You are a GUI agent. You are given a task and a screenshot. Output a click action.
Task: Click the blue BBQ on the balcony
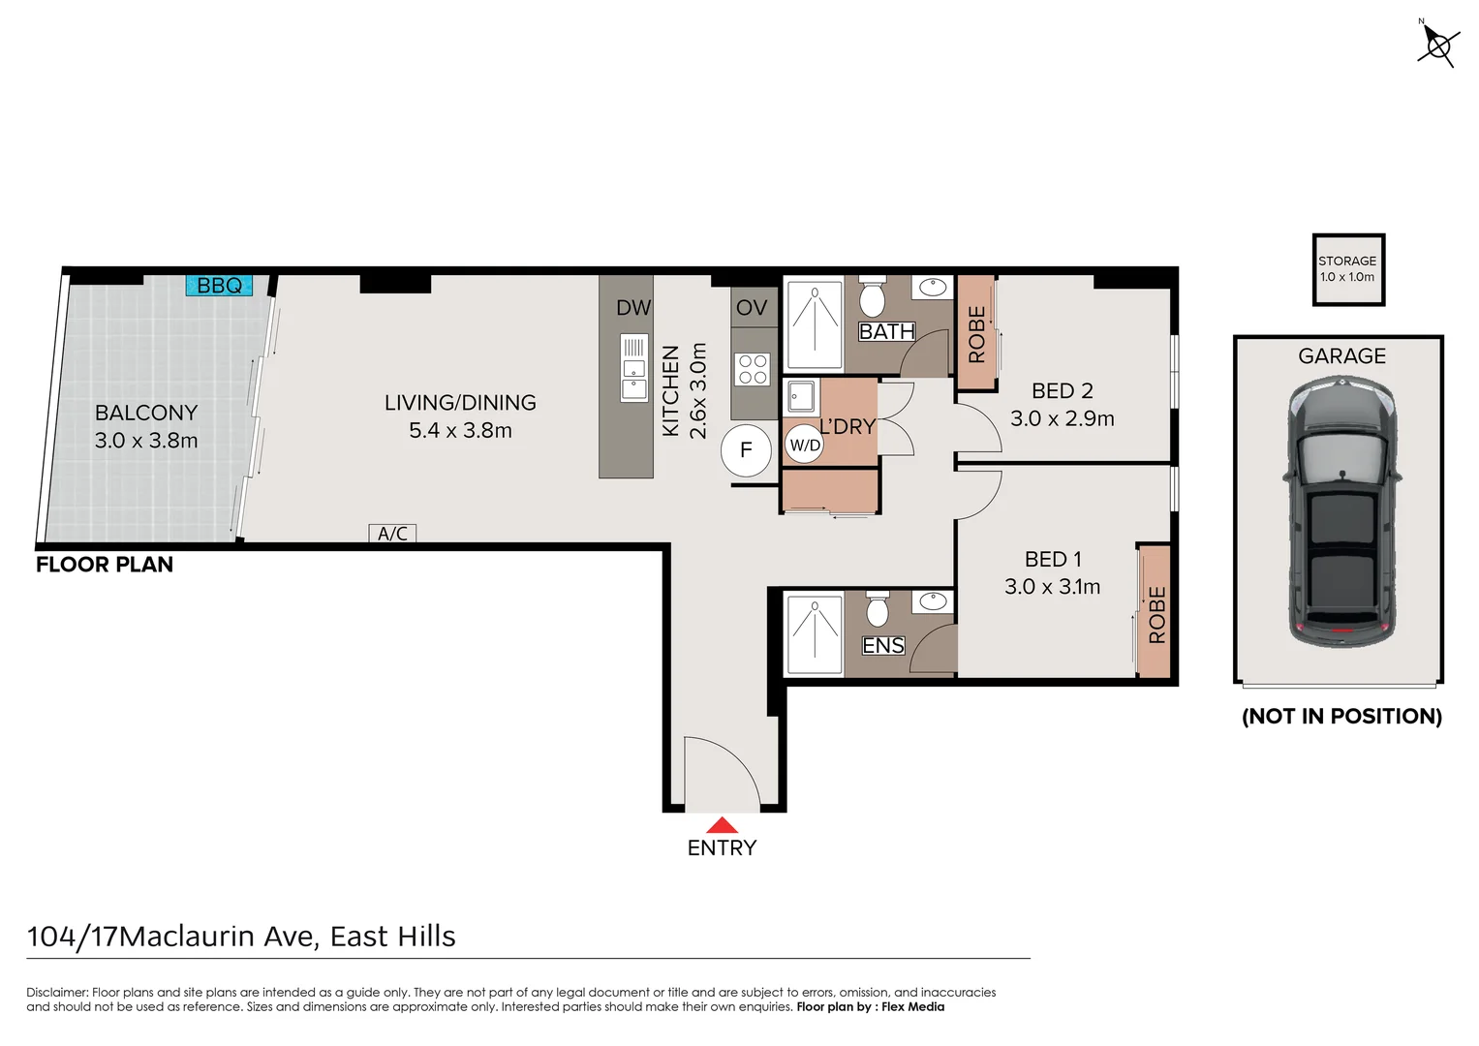tap(219, 286)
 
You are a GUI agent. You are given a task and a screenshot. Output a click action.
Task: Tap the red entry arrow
tap(722, 825)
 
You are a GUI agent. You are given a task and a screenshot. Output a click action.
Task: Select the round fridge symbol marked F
tap(746, 450)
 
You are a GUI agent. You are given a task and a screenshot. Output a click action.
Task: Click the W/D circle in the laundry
tap(805, 446)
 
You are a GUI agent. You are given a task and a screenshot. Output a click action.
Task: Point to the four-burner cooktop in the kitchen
tap(753, 369)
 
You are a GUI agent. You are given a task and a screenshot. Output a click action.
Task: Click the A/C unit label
tap(392, 533)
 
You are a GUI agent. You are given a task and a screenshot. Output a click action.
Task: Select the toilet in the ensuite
tap(877, 609)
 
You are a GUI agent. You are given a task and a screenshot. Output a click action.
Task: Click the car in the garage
tap(1342, 511)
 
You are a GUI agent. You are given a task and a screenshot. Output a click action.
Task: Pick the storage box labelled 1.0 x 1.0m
tap(1348, 269)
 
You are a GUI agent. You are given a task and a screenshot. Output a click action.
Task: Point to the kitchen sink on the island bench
tap(633, 368)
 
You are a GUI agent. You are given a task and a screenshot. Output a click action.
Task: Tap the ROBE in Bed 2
tap(976, 332)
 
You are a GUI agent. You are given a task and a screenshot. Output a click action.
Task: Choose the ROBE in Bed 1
tap(1155, 611)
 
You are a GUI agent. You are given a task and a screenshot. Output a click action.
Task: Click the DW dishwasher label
tap(633, 308)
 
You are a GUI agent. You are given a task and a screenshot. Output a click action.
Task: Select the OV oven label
tap(752, 307)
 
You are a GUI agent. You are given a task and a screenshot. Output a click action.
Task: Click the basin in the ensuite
tap(933, 600)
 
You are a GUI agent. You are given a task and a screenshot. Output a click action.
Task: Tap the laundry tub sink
tap(801, 397)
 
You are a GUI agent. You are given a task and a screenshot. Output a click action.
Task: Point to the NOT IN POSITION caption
tap(1341, 717)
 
